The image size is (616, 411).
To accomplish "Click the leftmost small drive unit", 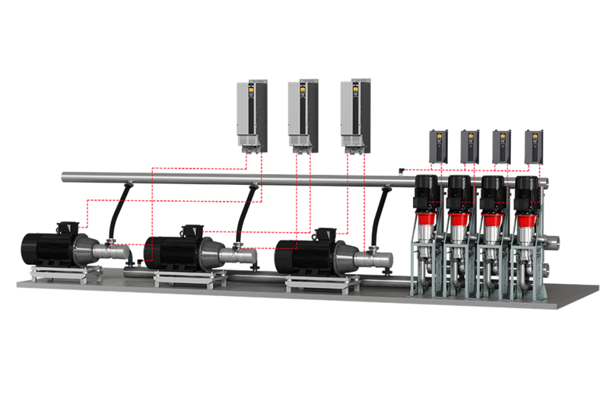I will tap(439, 146).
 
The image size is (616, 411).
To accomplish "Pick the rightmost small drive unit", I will tap(535, 146).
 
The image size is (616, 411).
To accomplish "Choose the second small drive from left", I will tap(470, 146).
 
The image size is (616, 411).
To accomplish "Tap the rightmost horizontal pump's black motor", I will tap(301, 254).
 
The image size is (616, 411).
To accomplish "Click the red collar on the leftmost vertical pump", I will tap(424, 220).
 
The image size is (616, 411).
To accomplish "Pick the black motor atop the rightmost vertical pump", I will tap(526, 193).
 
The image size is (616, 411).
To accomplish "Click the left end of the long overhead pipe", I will tap(67, 177).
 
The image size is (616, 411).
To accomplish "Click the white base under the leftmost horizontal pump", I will tap(62, 273).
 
